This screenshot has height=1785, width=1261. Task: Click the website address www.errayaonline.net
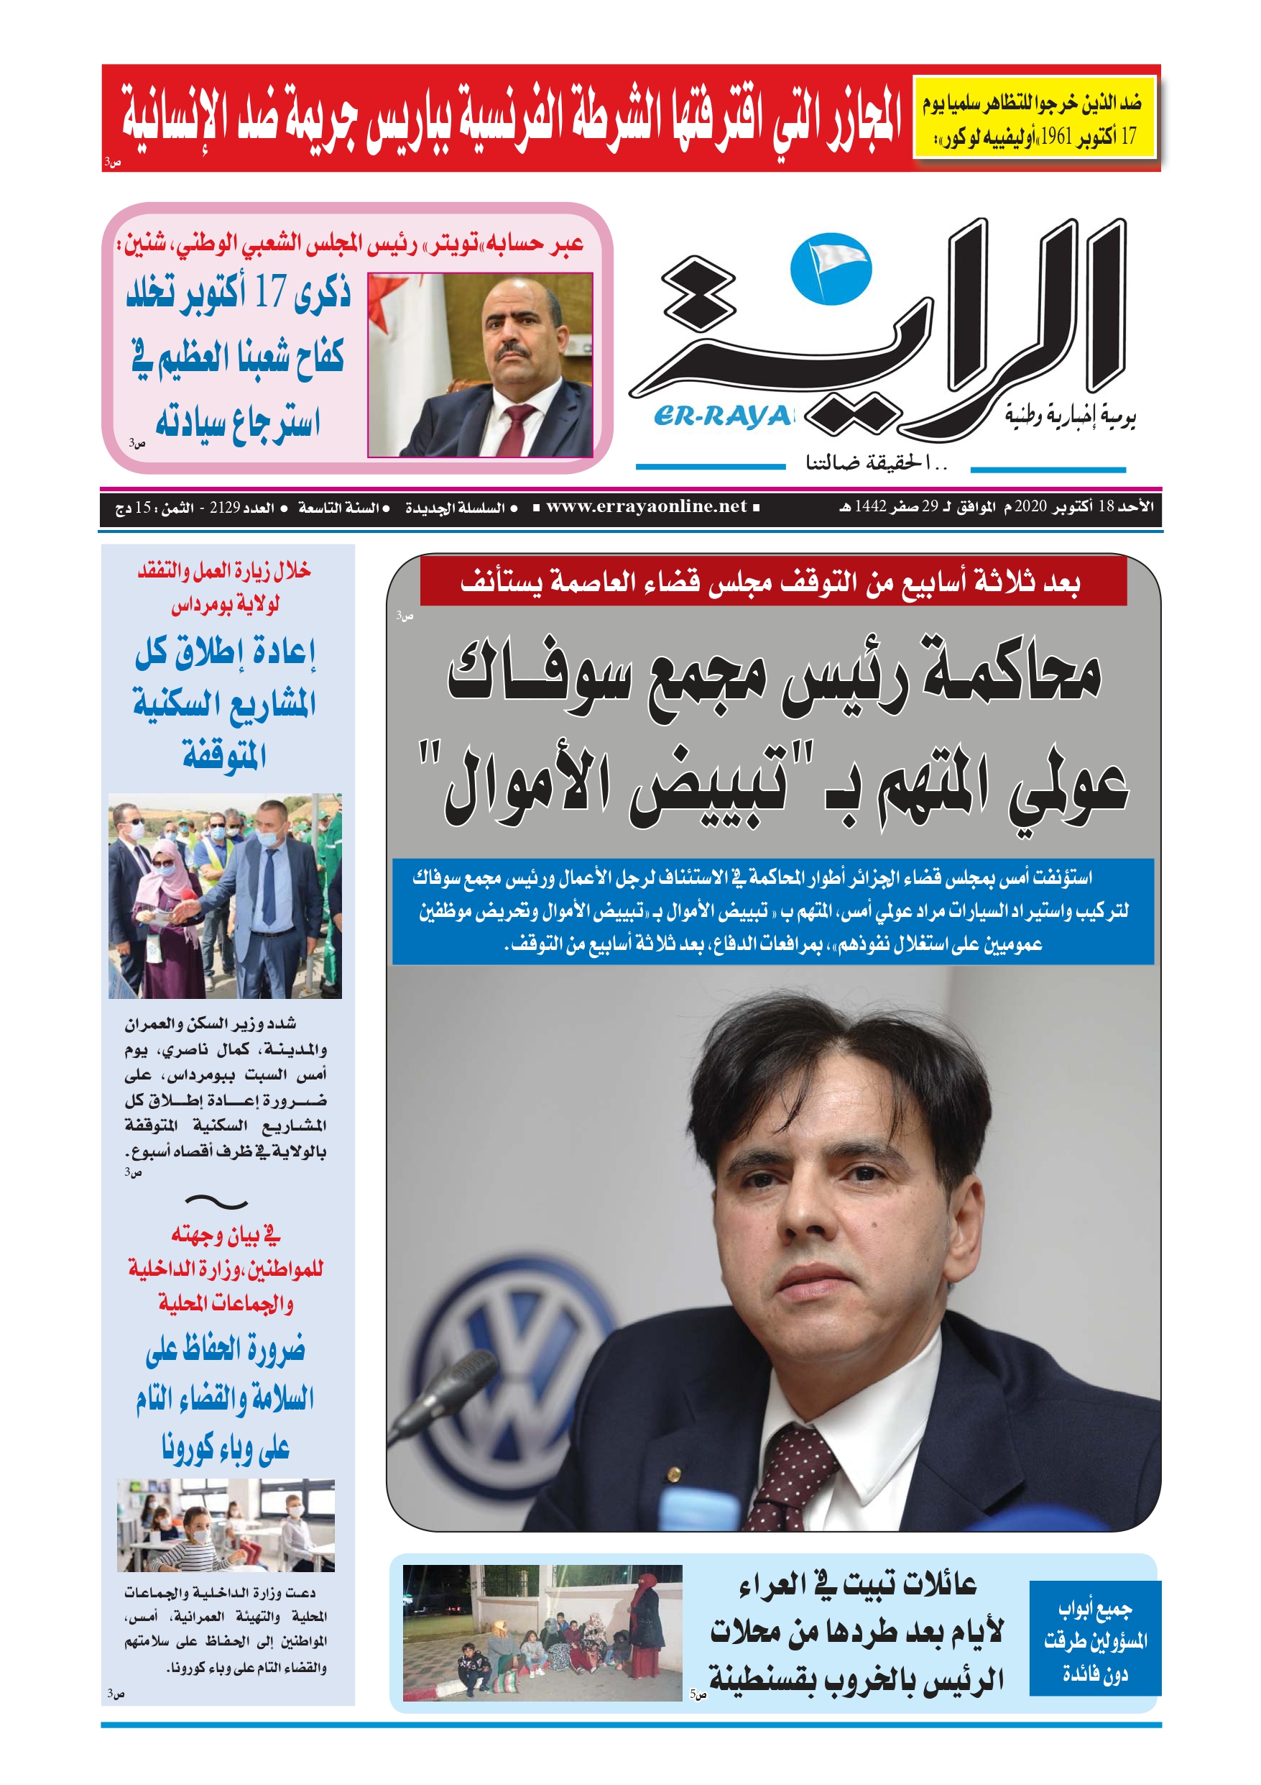tap(646, 507)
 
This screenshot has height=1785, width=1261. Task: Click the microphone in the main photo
tap(451, 1391)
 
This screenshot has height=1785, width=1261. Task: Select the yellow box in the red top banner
tap(1033, 118)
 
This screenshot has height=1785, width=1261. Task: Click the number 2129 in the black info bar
tap(225, 508)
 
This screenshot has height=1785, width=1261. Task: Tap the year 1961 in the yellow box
tap(1056, 137)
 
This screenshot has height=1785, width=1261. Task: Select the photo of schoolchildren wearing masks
tap(226, 1525)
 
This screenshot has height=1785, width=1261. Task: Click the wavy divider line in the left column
tap(217, 1202)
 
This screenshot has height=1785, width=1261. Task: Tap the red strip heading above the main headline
tap(772, 581)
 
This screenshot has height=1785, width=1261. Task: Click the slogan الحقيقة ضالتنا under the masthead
tap(877, 464)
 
